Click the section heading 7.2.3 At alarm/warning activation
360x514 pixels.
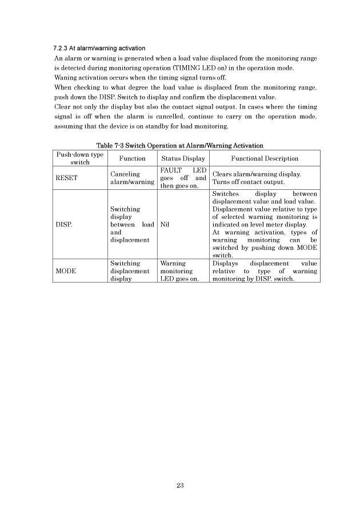[x=99, y=47]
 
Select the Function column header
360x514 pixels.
[x=131, y=158]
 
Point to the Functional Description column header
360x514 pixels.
[x=265, y=158]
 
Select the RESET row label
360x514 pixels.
[x=66, y=178]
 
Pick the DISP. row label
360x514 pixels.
[x=64, y=225]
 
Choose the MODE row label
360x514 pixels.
[x=66, y=272]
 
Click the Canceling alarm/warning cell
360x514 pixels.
[x=131, y=178]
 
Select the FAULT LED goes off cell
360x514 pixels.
[x=183, y=178]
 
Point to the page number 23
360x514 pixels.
[x=180, y=485]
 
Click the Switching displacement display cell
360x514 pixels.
[x=131, y=272]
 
